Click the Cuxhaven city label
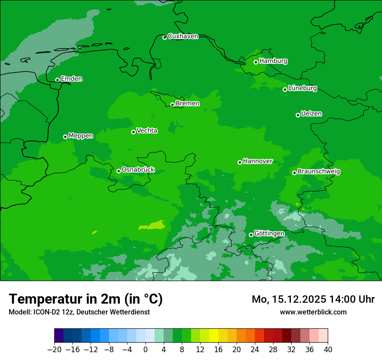pos(183,36)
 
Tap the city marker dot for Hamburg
pos(256,62)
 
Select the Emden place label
pos(71,79)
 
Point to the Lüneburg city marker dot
pos(285,89)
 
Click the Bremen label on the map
pos(188,104)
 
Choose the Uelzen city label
pos(311,114)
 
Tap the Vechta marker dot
pos(133,132)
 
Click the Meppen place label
pos(81,136)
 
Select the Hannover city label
pos(257,161)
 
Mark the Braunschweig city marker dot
pos(294,173)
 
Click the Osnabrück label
pos(138,170)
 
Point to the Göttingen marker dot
pos(251,235)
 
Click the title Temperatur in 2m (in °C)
pos(86,299)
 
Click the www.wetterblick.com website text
pos(313,312)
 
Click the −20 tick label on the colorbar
pos(54,350)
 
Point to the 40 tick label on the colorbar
pos(328,350)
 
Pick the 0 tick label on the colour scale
pos(145,350)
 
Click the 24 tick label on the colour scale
pos(255,350)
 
